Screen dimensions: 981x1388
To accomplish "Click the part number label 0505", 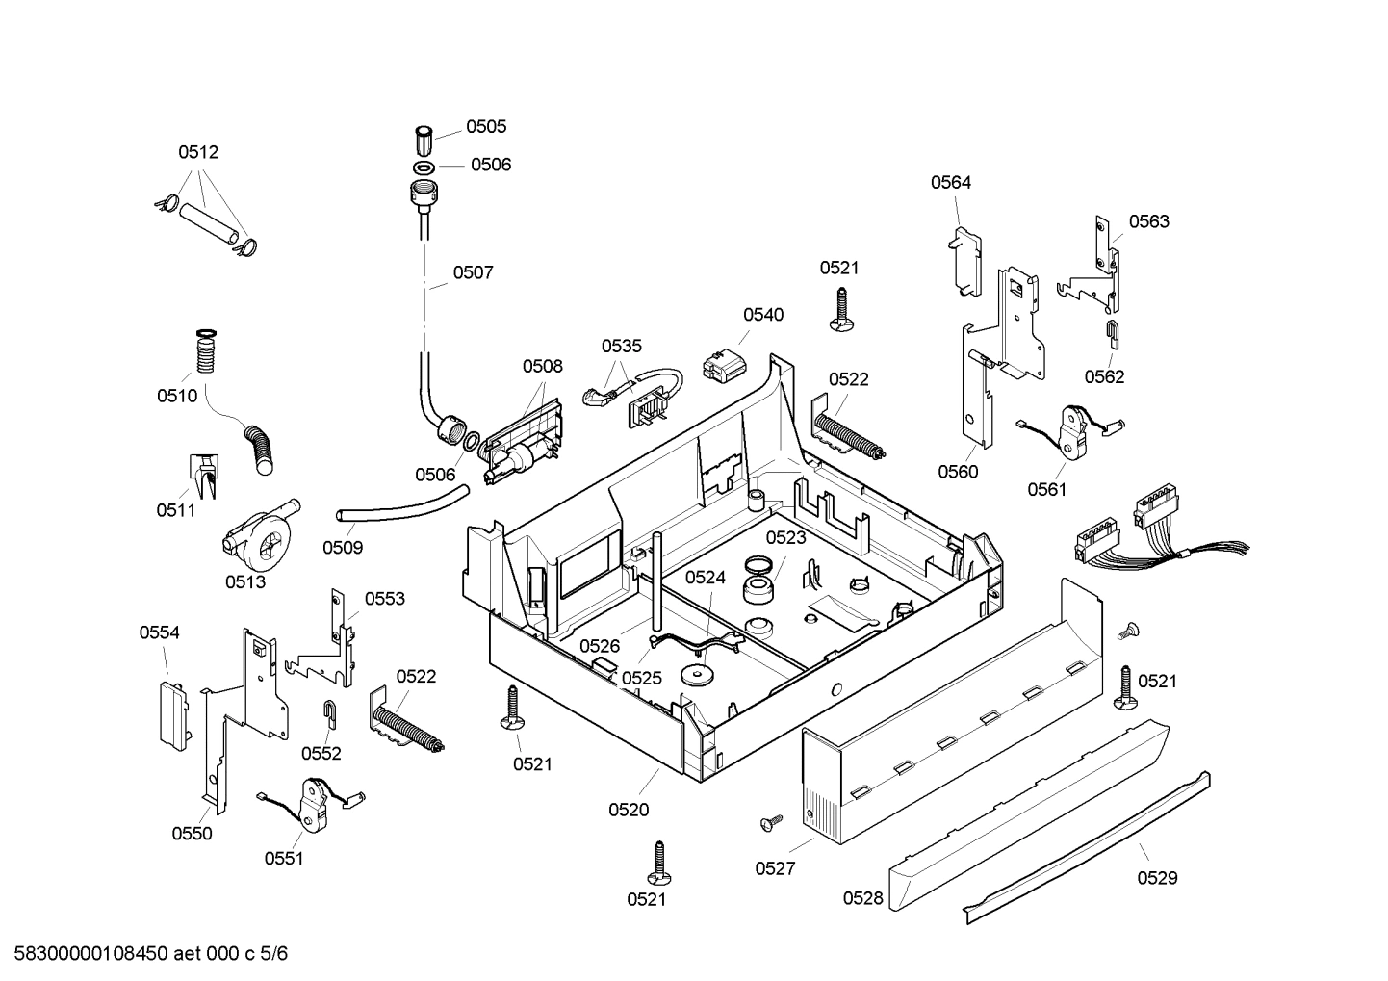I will pyautogui.click(x=486, y=126).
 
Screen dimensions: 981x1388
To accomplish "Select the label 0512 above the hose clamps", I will pyautogui.click(x=198, y=152).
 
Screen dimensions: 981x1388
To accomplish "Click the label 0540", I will pyautogui.click(x=762, y=315).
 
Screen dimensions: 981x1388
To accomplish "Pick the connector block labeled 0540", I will pyautogui.click(x=724, y=365).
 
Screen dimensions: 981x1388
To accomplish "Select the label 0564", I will pyautogui.click(x=950, y=182).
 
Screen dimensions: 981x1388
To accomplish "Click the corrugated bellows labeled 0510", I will pyautogui.click(x=205, y=351).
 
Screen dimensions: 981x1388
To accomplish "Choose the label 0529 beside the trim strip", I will pyautogui.click(x=1157, y=877).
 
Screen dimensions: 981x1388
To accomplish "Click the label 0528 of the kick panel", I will pyautogui.click(x=862, y=898).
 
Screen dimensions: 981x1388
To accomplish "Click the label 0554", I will pyautogui.click(x=159, y=632).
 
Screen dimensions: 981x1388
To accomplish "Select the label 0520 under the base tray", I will pyautogui.click(x=629, y=810).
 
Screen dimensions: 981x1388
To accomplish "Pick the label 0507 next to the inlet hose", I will pyautogui.click(x=473, y=272).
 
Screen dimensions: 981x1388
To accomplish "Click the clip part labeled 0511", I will pyautogui.click(x=204, y=476).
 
